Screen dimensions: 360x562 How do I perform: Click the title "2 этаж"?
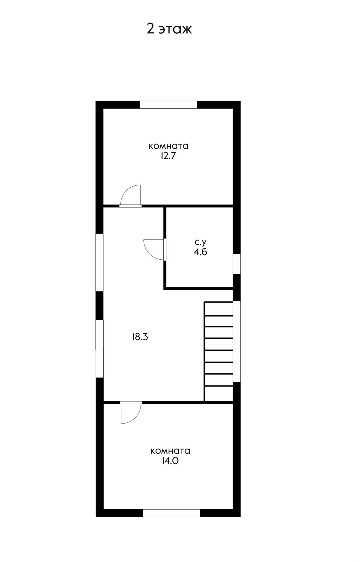(169, 29)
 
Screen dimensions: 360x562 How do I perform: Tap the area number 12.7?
(168, 156)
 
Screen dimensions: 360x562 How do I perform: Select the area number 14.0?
(170, 461)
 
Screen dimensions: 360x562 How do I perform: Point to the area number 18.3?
(140, 337)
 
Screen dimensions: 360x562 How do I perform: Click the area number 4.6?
(200, 252)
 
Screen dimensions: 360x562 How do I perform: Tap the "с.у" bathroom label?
(201, 242)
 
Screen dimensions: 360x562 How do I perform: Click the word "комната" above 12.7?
(169, 146)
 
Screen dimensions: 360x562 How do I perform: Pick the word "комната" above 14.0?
(170, 451)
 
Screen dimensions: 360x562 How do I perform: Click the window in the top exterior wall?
(168, 104)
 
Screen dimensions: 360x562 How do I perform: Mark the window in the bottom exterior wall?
(172, 513)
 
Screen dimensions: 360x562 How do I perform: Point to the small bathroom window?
(237, 264)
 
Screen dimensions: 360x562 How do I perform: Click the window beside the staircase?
(237, 341)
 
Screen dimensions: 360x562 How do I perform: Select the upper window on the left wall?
(100, 262)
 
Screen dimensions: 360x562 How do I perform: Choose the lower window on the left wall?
(100, 349)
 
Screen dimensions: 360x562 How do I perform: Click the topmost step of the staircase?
(219, 309)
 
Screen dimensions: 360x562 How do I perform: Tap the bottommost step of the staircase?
(219, 394)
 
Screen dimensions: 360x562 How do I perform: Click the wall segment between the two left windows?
(100, 306)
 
